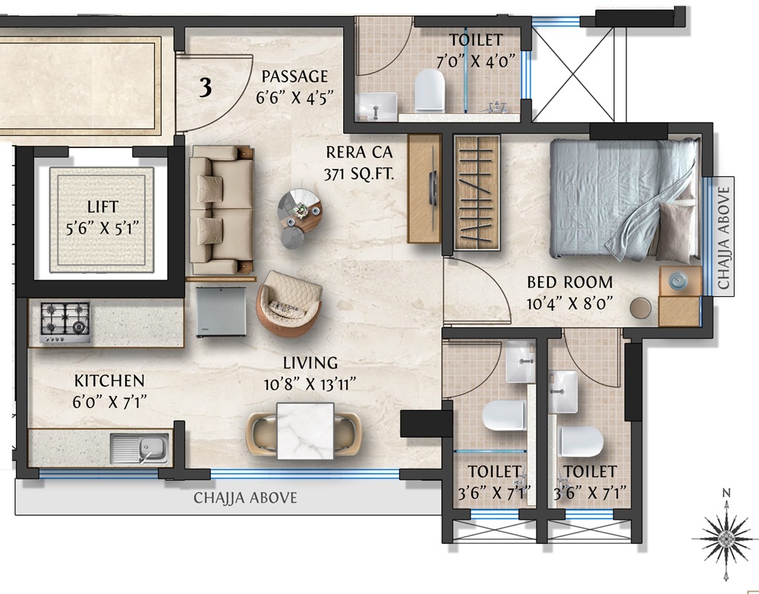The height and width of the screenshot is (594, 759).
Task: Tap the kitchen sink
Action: coord(139,448)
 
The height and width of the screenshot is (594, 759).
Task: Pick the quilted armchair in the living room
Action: coord(289,303)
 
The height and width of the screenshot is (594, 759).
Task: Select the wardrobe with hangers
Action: coord(477,192)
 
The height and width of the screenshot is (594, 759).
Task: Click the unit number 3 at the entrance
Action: coord(205,88)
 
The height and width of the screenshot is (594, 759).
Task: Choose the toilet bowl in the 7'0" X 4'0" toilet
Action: coord(430,90)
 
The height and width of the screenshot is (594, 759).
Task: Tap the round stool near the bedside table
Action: coord(641,307)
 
